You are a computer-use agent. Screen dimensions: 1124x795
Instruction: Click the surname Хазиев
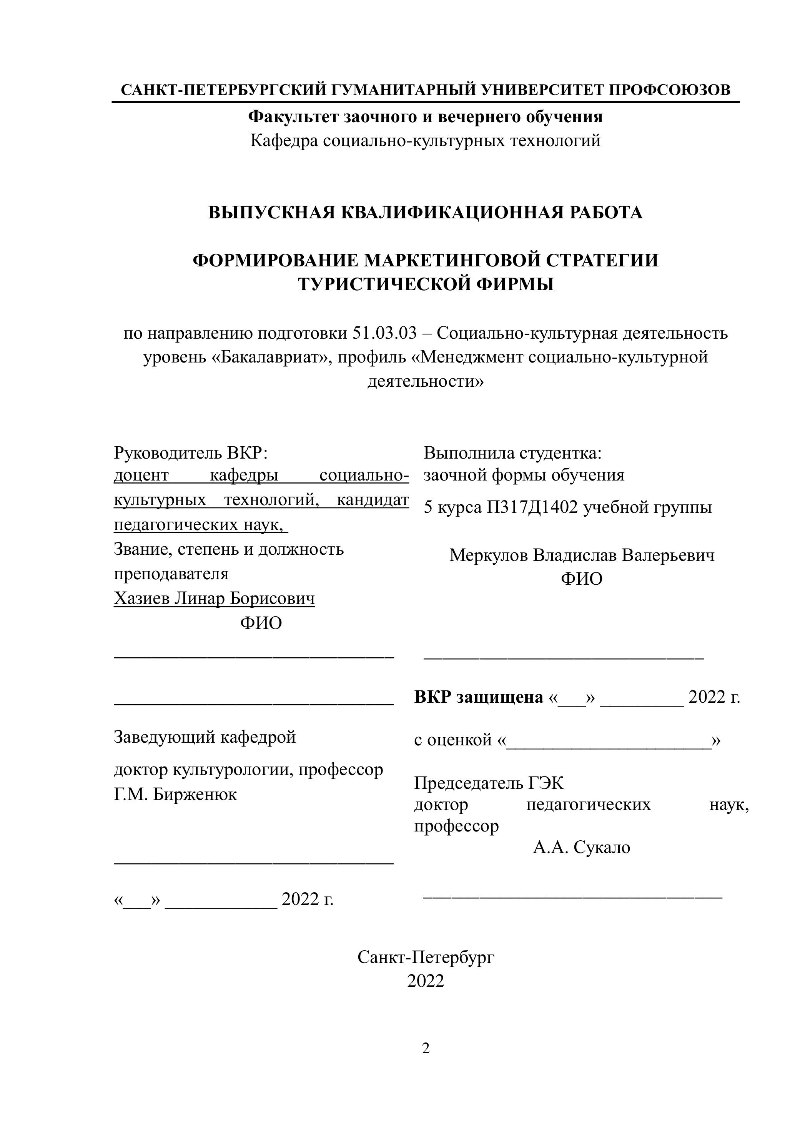pyautogui.click(x=142, y=598)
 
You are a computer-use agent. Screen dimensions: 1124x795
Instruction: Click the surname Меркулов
pyautogui.click(x=488, y=555)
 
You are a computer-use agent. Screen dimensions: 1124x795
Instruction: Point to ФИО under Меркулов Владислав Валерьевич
pyautogui.click(x=582, y=579)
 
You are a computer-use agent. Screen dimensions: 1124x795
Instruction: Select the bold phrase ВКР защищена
pyautogui.click(x=479, y=697)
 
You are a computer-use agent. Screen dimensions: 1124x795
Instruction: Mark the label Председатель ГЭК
pyautogui.click(x=489, y=783)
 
